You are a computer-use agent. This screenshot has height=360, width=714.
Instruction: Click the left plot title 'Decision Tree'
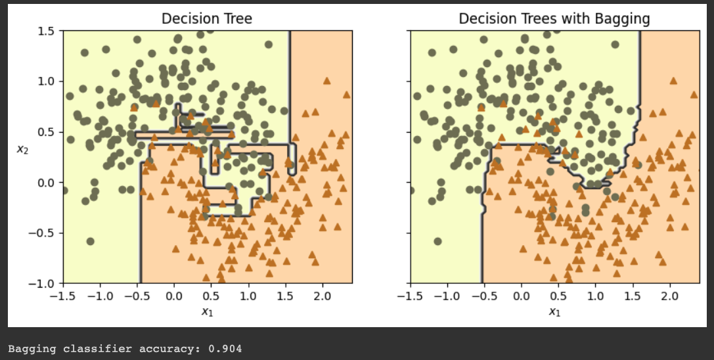pos(207,18)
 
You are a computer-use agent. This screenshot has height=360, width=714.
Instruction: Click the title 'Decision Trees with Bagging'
pos(554,18)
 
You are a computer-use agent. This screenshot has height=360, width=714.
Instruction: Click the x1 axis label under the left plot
pos(207,311)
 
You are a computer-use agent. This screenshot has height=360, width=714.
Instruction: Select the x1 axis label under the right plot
pos(554,311)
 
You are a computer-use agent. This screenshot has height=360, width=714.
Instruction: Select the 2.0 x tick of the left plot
pos(323,296)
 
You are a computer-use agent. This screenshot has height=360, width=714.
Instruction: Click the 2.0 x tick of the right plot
pos(670,296)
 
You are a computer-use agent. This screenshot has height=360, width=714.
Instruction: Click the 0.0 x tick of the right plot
pos(522,296)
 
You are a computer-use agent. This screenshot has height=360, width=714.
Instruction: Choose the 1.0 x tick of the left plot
pos(248,296)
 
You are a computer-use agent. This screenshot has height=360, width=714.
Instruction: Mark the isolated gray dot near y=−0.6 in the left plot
pos(91,241)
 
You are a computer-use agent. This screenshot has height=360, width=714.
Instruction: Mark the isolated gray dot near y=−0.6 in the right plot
pos(437,241)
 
